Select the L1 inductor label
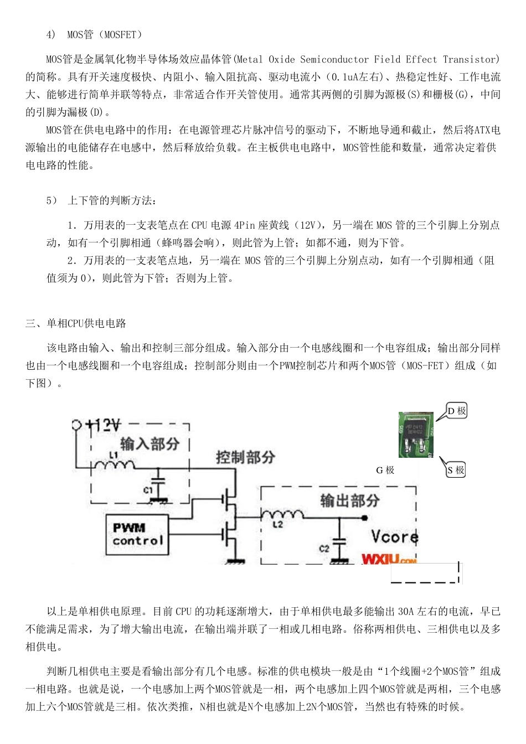pos(114,454)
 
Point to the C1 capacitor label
pos(148,490)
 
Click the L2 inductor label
pos(277,524)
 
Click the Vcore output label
pos(394,537)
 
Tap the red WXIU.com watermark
pos(389,559)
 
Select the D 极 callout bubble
pos(457,411)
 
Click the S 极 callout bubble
pos(456,470)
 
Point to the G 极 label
pos(385,470)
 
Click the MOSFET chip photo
pos(416,435)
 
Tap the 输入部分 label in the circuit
pos(150,443)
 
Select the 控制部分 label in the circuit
pos(245,457)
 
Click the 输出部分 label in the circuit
pos(350,500)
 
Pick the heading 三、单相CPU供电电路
pos(76,323)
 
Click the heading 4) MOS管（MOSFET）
pos(95,35)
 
